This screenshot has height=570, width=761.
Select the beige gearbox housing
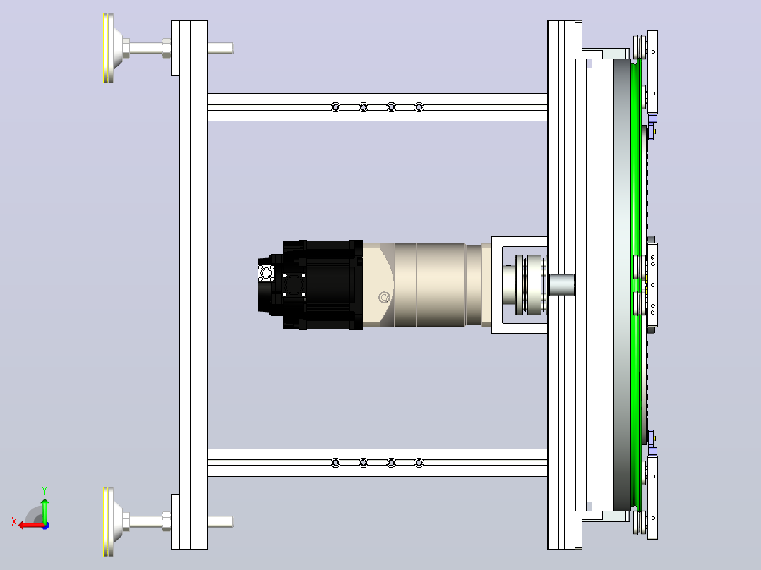point(427,285)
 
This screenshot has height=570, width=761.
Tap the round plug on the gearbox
point(384,297)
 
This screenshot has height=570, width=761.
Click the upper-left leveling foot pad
point(109,48)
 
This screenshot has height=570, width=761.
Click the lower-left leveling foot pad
point(109,521)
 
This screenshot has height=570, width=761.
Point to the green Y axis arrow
point(44,510)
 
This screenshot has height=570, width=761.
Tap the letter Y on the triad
point(44,490)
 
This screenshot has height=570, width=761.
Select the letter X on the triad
point(14,521)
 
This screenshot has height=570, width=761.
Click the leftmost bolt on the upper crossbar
point(335,107)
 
